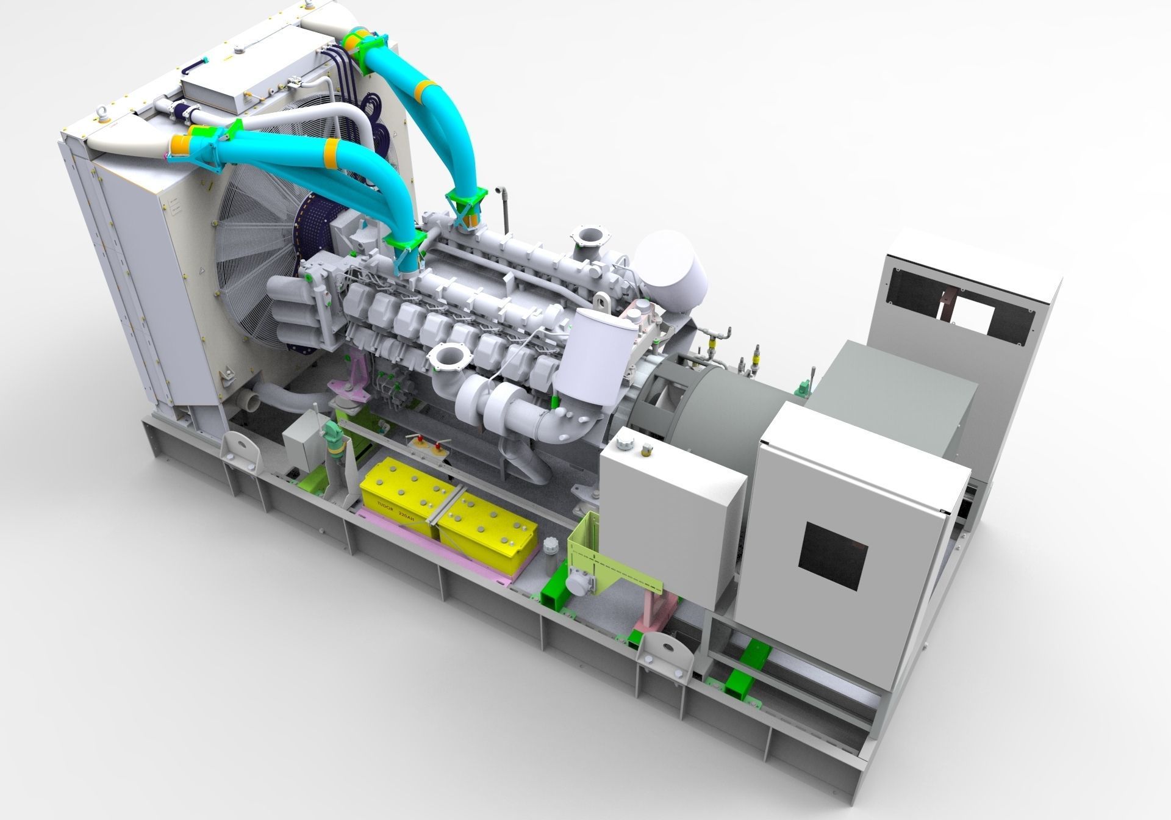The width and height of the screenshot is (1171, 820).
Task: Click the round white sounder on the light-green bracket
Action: pyautogui.click(x=577, y=584)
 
